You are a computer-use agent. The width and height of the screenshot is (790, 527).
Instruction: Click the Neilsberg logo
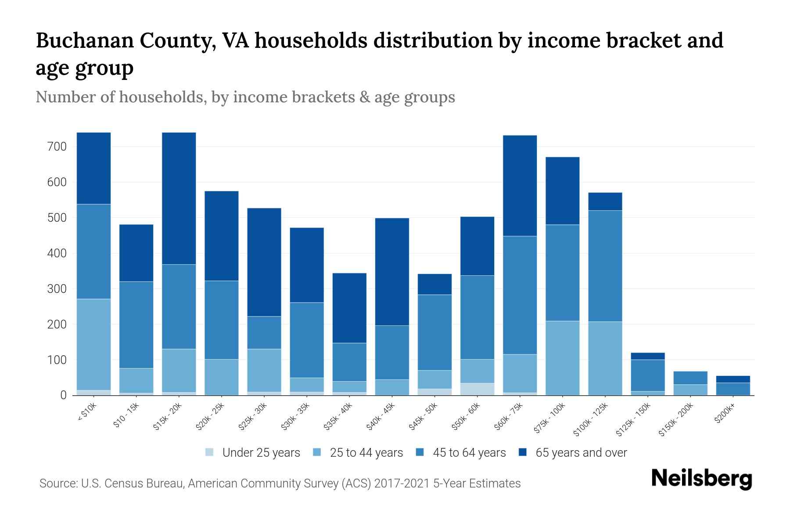701,479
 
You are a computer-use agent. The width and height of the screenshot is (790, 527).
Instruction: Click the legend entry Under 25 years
261,453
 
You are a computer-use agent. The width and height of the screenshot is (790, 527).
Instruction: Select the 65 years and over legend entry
581,453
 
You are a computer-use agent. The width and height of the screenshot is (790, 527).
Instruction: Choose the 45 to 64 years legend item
469,453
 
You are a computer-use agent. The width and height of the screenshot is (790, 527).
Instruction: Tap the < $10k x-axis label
87,413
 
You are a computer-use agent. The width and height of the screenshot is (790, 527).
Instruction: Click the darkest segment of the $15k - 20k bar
179,198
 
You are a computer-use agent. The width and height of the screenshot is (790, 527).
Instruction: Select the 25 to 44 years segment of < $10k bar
93,344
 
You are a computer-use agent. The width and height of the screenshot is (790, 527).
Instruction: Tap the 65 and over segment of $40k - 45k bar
392,271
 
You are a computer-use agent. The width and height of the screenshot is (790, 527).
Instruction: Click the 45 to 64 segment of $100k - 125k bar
605,266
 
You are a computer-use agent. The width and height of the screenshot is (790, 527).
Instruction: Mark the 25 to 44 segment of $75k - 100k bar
563,358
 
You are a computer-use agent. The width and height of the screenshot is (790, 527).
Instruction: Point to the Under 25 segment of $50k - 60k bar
477,389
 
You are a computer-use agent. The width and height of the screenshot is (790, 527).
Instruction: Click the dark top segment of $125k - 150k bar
648,356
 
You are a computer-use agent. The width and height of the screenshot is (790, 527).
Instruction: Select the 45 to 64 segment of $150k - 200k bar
690,378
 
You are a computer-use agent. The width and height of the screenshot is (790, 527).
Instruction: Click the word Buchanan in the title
83,40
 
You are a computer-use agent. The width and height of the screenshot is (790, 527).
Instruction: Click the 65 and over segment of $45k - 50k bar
434,284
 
